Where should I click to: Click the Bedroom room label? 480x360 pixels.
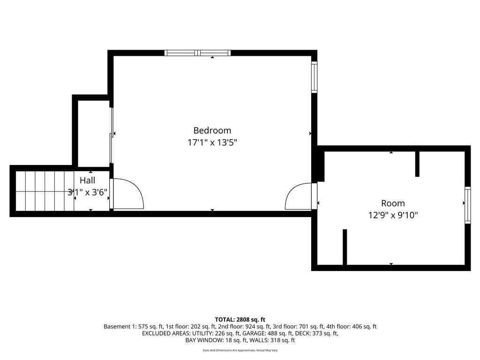click(212, 130)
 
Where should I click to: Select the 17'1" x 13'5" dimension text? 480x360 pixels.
click(212, 142)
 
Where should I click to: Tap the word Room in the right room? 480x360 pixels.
click(393, 203)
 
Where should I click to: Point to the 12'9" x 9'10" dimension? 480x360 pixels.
click(393, 215)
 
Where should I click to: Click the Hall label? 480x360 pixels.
click(88, 180)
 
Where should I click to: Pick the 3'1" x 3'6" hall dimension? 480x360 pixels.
click(88, 192)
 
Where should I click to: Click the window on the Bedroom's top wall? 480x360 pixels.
click(197, 53)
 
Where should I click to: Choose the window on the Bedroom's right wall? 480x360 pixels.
click(314, 77)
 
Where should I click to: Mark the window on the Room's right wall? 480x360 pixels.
click(467, 205)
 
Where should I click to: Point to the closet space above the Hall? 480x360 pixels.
click(94, 133)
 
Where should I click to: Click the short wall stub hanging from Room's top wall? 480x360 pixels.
click(417, 164)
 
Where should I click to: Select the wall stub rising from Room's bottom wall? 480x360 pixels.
click(345, 247)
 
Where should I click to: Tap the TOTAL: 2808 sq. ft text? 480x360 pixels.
click(240, 320)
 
